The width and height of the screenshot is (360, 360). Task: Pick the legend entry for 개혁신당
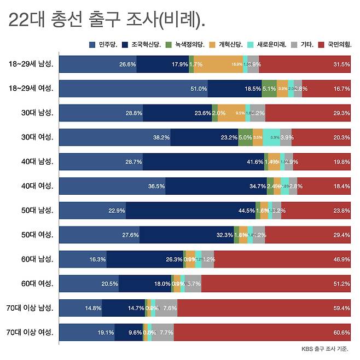click(x=229, y=44)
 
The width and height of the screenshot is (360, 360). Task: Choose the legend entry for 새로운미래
click(x=269, y=44)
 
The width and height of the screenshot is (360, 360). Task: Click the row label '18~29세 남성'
click(x=31, y=64)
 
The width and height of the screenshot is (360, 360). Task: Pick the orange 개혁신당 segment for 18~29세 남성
click(x=218, y=64)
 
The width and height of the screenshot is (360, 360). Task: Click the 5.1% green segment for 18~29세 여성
click(x=269, y=89)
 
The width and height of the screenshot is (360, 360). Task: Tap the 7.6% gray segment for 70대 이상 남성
click(x=166, y=308)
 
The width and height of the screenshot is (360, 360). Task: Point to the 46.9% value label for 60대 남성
click(x=341, y=259)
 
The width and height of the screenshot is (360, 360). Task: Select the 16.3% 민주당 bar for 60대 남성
click(x=83, y=259)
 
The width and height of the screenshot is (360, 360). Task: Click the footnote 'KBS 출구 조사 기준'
click(x=325, y=349)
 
